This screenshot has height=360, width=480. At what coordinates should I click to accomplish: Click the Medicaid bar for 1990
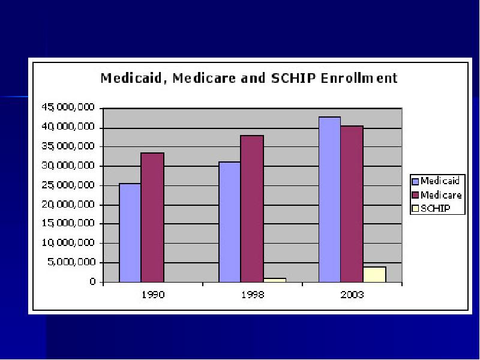(130, 233)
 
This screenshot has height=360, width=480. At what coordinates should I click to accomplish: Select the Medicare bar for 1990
(152, 217)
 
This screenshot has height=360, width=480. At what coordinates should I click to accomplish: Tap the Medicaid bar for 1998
(230, 222)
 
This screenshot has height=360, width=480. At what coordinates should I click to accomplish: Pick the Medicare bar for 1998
(252, 209)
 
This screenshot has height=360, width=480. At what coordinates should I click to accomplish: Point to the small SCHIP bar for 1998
(274, 280)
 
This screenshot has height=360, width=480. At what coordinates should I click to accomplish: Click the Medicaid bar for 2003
(329, 199)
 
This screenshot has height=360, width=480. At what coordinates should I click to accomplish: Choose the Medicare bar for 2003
(352, 204)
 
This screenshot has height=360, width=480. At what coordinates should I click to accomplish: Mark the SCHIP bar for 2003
(374, 274)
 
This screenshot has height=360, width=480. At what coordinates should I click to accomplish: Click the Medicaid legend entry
(435, 181)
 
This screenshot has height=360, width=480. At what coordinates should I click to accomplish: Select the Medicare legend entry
(436, 195)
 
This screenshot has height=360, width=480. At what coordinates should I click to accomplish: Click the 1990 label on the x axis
(152, 295)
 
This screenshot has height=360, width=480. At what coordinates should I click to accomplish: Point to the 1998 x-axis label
(252, 295)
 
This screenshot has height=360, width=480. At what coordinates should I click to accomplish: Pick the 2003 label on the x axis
(352, 295)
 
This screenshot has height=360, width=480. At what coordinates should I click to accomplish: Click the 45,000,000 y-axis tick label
(68, 107)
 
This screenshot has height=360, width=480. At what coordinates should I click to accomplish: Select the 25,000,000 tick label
(68, 185)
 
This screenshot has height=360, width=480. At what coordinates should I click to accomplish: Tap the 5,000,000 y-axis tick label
(70, 262)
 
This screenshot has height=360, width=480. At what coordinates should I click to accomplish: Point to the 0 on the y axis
(93, 282)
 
